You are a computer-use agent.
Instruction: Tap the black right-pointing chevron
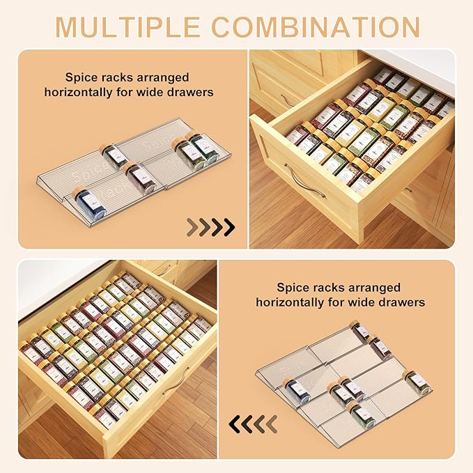pos(227,227)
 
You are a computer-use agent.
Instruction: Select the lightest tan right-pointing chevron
pos(191,227)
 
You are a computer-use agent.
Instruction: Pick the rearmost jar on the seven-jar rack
pos(360,332)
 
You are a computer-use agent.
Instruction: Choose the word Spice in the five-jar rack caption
pos(81,77)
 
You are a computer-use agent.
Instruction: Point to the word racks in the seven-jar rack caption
pos(327,287)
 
